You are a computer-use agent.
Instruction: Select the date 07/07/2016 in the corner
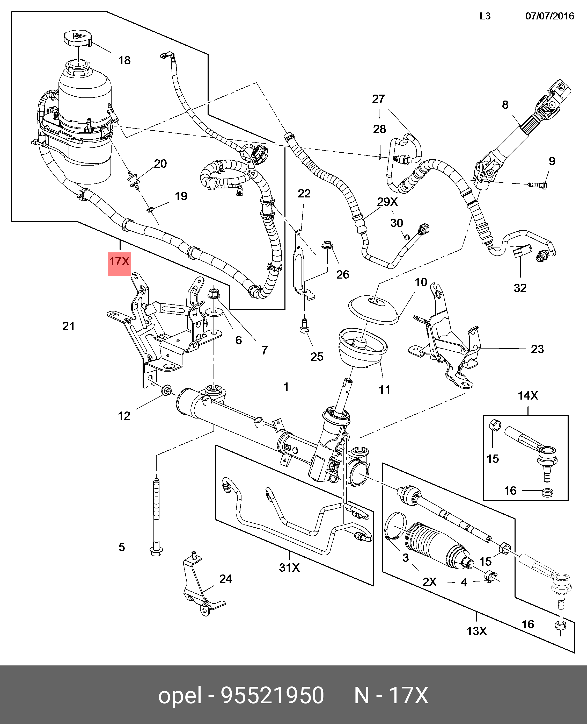[x=549, y=16]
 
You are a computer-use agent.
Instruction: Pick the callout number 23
[x=537, y=349]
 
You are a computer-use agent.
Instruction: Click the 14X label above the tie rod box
[x=528, y=395]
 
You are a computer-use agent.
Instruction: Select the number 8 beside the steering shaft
[x=505, y=105]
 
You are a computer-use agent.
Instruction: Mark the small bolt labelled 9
[x=537, y=185]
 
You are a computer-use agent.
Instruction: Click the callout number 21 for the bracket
[x=68, y=326]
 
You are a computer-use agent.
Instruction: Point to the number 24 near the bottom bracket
[x=225, y=579]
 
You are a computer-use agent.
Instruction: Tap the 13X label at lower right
[x=476, y=631]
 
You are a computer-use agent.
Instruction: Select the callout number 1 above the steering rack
[x=286, y=387]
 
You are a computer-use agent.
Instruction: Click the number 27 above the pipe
[x=378, y=99]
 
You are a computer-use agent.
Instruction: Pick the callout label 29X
[x=387, y=202]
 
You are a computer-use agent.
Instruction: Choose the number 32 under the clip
[x=520, y=288]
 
